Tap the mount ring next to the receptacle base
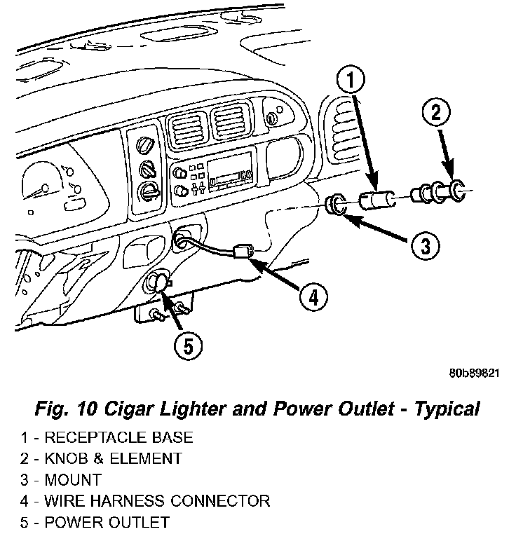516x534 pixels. [x=337, y=206]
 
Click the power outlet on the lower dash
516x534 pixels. [x=158, y=283]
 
